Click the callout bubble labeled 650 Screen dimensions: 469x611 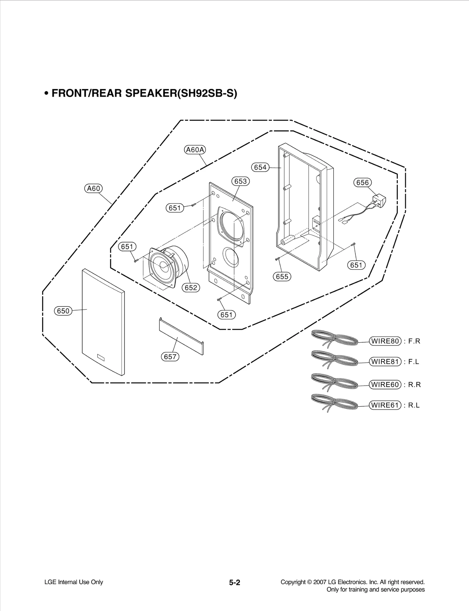63,311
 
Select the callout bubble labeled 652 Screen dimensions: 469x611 191,287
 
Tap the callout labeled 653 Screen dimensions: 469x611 240,181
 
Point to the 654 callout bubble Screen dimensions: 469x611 260,167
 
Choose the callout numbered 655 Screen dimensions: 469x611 282,276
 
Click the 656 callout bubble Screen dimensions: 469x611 362,182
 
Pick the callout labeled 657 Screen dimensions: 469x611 170,356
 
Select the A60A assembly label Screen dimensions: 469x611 195,150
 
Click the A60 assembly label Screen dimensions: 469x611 94,188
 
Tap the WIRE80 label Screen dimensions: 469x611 385,341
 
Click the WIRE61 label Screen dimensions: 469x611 385,405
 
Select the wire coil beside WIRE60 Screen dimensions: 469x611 334,381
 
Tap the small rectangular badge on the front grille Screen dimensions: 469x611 101,357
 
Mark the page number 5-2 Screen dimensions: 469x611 235,583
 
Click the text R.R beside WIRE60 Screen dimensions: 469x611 414,385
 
